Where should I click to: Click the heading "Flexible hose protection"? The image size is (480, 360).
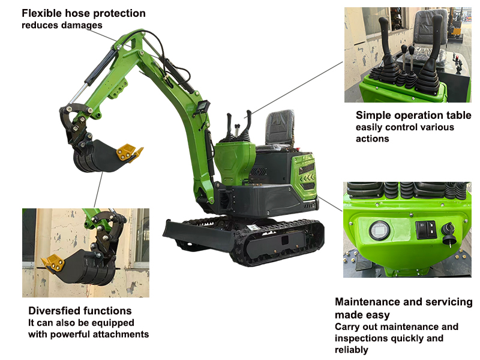[x=83, y=13]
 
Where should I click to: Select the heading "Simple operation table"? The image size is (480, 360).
[x=413, y=115]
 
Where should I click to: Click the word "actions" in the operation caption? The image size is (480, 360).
[x=372, y=139]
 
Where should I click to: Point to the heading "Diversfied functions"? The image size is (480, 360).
[x=80, y=311]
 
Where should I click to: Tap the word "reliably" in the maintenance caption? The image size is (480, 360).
[x=352, y=350]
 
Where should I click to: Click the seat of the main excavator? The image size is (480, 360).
[x=279, y=128]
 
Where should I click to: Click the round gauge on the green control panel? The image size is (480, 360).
[x=380, y=230]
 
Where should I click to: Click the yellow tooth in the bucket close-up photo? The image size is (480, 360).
[x=53, y=263]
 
